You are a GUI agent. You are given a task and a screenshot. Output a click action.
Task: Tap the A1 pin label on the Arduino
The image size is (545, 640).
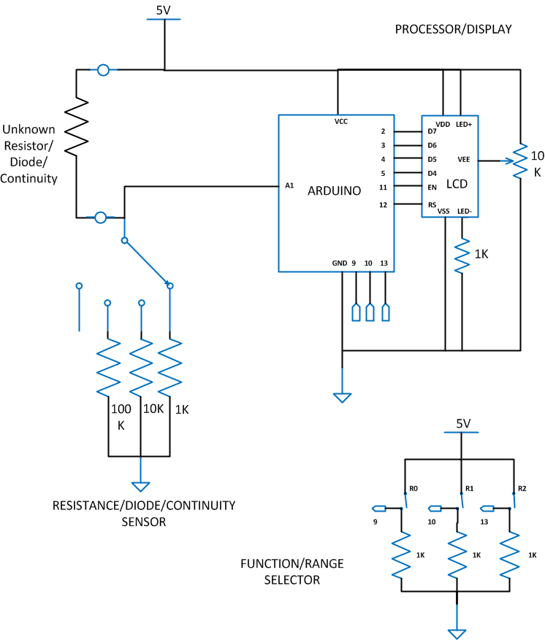tap(289, 186)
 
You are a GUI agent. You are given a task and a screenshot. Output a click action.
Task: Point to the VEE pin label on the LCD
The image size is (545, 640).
tap(463, 159)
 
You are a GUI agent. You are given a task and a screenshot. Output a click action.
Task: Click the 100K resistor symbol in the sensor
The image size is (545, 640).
tap(108, 369)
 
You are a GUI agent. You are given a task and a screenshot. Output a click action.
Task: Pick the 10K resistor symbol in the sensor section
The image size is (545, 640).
tap(140, 369)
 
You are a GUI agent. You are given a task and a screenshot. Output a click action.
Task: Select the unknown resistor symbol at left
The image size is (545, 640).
tap(76, 126)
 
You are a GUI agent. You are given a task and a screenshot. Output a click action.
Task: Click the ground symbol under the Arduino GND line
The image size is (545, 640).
tap(342, 397)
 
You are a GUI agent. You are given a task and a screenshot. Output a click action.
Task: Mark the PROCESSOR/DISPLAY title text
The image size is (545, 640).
tap(453, 29)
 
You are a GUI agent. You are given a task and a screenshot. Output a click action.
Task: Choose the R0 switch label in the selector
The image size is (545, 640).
tap(413, 488)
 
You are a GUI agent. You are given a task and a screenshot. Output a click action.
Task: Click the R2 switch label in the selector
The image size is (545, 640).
tap(522, 488)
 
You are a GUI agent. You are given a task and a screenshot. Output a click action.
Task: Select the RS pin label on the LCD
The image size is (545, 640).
tap(432, 205)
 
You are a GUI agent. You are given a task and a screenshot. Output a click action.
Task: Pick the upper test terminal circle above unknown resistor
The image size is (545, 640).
tap(103, 70)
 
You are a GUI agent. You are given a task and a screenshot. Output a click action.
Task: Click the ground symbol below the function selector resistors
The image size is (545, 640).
tap(457, 633)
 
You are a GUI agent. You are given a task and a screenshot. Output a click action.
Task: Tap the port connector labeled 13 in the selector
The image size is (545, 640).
tap(487, 508)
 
